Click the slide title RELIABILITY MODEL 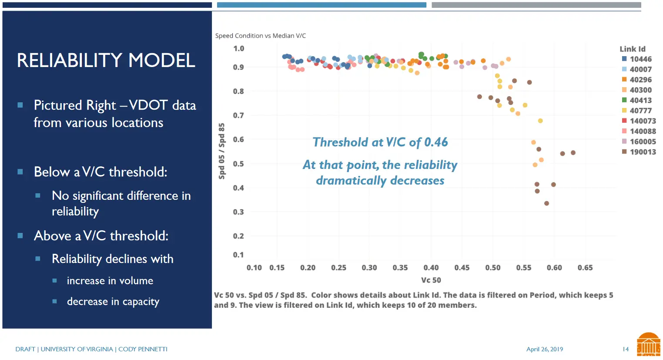[106, 61]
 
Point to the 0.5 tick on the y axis [238, 164]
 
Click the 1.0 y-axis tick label [238, 48]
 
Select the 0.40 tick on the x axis [431, 268]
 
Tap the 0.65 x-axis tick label [585, 268]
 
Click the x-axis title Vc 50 [431, 280]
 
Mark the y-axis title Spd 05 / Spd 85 [222, 151]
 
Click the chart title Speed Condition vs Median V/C [260, 36]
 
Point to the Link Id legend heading [632, 49]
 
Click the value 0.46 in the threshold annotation [436, 142]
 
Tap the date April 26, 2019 [544, 349]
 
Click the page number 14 [625, 349]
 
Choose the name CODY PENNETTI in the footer [143, 349]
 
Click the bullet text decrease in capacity [113, 302]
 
